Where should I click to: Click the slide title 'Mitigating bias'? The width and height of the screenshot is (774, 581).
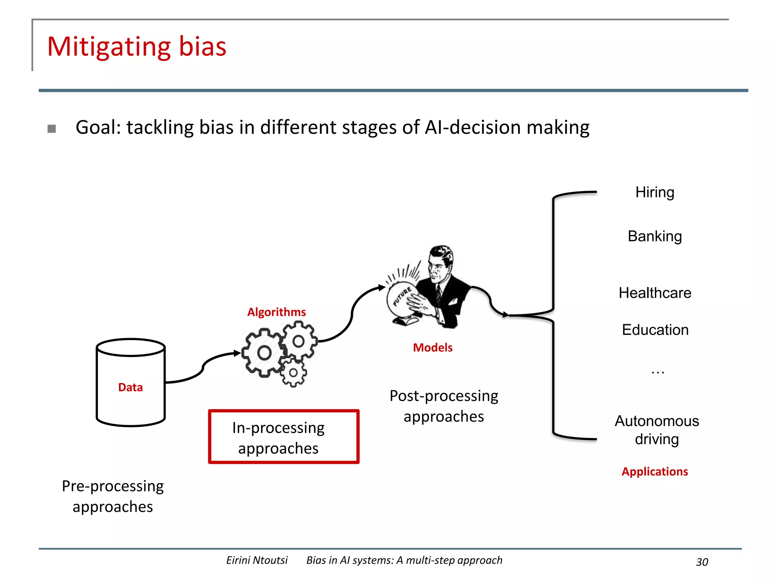tap(136, 47)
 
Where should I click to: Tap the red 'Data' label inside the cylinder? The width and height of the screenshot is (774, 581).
tap(130, 387)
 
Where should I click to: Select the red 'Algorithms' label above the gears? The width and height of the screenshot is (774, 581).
tap(276, 312)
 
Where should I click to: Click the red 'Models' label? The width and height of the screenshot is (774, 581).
tap(432, 347)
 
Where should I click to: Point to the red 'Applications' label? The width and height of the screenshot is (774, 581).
tap(655, 471)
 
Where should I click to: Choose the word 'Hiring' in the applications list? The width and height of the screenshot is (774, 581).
tap(655, 192)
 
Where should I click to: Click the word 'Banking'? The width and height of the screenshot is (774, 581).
tap(655, 236)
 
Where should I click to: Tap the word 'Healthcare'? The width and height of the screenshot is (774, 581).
tap(655, 293)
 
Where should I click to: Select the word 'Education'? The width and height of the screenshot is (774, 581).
tap(655, 330)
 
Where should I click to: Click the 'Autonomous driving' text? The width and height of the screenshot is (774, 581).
tap(657, 430)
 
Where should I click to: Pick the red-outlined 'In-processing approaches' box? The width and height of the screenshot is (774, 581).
tap(283, 437)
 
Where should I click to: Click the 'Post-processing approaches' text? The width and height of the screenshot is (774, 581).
tap(444, 406)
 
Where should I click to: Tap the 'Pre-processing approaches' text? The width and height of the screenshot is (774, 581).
tap(113, 496)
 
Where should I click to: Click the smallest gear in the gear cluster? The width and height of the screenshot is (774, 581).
tap(293, 373)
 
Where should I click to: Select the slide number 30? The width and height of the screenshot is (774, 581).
tap(702, 562)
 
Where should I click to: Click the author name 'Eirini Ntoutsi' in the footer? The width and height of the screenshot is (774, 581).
tap(257, 560)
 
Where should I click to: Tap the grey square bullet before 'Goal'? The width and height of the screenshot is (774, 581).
tap(52, 129)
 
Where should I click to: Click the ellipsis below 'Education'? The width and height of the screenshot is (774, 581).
tap(658, 372)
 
